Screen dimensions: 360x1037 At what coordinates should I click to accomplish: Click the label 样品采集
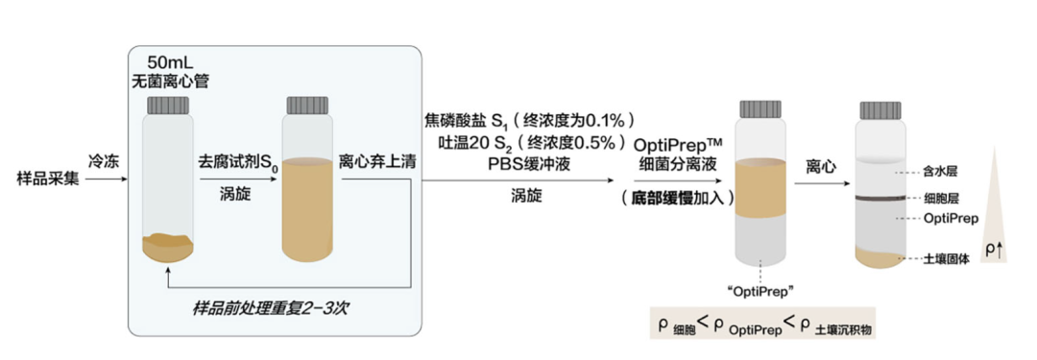point(44,178)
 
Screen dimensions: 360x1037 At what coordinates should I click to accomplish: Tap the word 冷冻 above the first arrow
point(104,159)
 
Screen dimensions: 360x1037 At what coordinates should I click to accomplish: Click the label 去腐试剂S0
point(236,160)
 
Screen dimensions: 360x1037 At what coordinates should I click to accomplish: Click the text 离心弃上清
point(377,160)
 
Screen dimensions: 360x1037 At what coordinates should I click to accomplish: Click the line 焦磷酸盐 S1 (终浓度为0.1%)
point(532,122)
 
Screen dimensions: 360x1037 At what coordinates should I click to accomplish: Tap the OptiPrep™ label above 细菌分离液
point(678,143)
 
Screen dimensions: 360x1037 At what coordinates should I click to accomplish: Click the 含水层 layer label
point(941,173)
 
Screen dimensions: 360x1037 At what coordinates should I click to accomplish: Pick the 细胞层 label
point(941,199)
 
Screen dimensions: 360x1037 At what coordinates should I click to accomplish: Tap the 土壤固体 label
point(947,259)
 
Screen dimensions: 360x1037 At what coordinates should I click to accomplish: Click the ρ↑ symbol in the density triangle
point(997,251)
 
